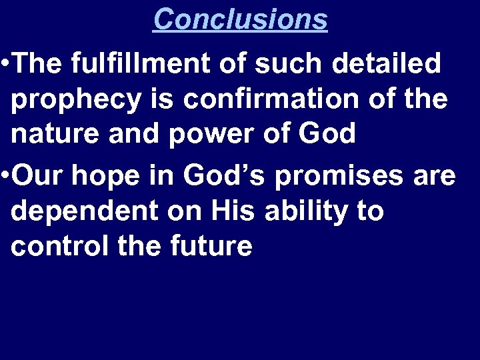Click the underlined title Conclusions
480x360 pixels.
click(240, 19)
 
